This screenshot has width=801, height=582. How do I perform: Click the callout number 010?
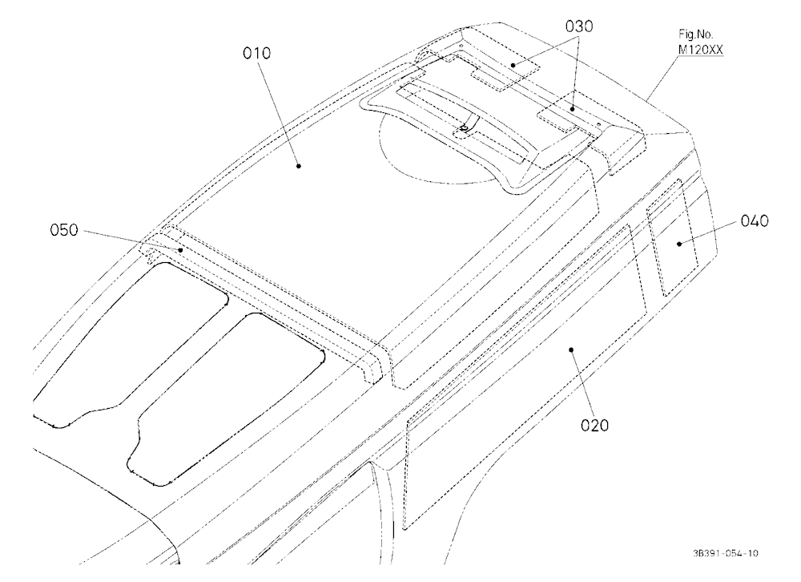point(256,53)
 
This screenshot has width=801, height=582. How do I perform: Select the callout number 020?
point(594,425)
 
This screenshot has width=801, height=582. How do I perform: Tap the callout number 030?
point(579,26)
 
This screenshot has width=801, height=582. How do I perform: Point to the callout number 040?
point(754,221)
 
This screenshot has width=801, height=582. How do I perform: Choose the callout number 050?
point(64,231)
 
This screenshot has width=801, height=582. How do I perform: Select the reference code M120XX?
point(700,50)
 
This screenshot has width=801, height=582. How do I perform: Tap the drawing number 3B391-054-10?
point(726,553)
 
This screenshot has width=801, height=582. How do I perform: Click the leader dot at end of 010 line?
point(299,165)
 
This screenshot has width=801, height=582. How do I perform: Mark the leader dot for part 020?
point(571,350)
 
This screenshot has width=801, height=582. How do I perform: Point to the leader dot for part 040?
point(679,244)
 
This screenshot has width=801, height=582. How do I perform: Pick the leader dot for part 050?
point(180,250)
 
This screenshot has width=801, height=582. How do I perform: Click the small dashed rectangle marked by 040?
point(672,238)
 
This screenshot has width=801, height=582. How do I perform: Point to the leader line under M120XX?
point(662,78)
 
